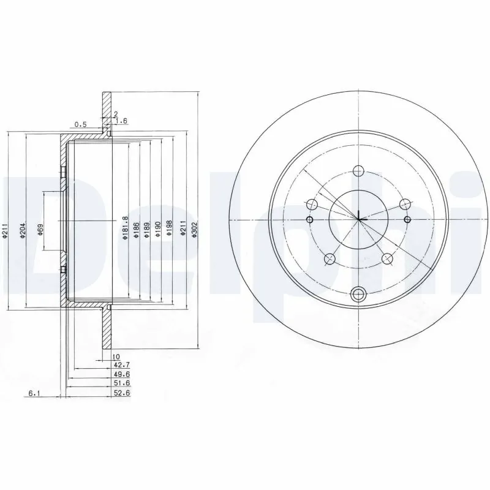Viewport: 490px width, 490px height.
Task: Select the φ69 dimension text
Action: [40, 230]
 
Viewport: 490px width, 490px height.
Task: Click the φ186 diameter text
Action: [137, 232]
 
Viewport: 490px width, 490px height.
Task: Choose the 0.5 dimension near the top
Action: [80, 124]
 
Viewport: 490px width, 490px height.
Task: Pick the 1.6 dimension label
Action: [121, 121]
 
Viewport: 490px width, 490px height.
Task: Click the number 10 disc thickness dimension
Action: [115, 356]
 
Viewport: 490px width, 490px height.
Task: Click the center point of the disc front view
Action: [358, 218]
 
